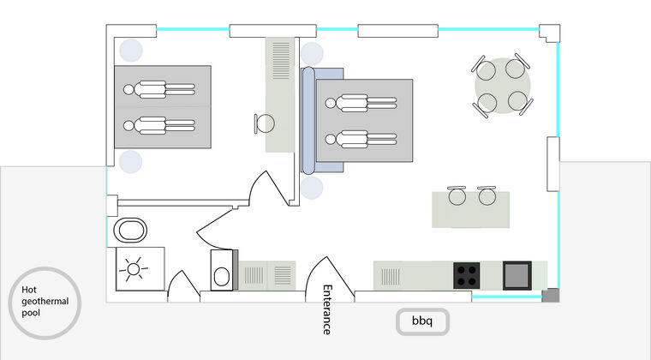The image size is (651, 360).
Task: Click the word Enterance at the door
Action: pos(327,309)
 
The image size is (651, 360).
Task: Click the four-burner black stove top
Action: pos(466,275)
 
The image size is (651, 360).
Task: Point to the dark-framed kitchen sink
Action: pos(517,275)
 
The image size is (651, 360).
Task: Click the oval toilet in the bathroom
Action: pos(130,230)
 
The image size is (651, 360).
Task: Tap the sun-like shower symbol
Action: pos(134,269)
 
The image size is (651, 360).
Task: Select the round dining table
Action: pos(503,86)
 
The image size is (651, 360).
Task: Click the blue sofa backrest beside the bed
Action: pos(308,120)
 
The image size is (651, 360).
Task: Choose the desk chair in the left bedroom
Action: pos(264,123)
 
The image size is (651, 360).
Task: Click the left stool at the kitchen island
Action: pos(457,195)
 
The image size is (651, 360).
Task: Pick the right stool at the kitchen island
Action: pos(487,195)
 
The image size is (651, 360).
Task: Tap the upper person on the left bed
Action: pos(159,89)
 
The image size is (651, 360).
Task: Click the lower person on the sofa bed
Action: pos(361,139)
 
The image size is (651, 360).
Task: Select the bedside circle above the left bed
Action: pos(131,51)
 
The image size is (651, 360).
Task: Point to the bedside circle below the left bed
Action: pos(131,161)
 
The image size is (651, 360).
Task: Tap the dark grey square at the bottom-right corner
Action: pos(551,295)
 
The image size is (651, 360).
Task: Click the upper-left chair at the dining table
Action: pos(484,68)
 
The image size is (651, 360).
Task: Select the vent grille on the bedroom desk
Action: pos(281,60)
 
